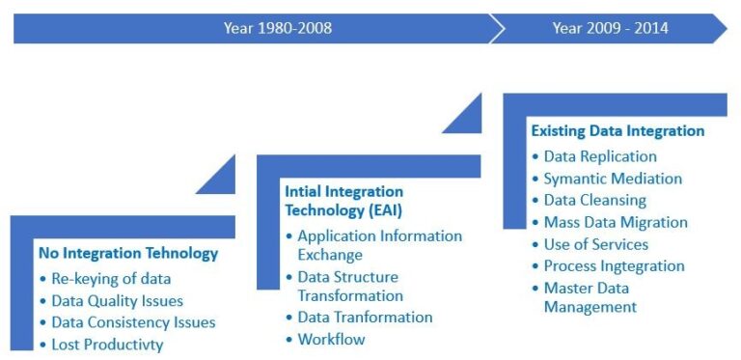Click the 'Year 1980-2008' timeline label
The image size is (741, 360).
[277, 28]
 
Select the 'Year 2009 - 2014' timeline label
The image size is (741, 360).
[610, 28]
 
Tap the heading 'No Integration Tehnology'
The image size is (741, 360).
[128, 254]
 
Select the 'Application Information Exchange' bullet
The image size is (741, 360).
[379, 245]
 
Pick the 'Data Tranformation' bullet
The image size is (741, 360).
[365, 317]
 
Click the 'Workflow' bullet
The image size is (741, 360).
[331, 339]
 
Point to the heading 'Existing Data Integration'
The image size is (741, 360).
[617, 130]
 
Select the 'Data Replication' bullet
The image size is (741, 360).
[599, 156]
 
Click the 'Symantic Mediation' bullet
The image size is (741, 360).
[612, 179]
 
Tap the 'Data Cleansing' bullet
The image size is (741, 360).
[594, 200]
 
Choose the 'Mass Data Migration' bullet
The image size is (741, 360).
[616, 222]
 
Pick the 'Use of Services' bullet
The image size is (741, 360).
[595, 244]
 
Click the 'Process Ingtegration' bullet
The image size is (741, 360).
[614, 265]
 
